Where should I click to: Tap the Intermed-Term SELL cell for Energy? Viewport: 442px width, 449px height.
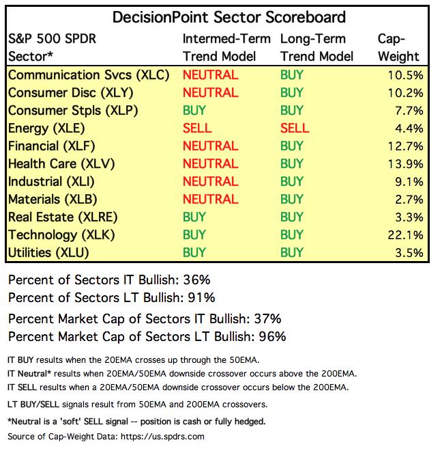coord(197,128)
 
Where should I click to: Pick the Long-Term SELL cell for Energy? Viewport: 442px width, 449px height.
coord(295,128)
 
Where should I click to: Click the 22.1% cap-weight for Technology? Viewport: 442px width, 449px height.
coord(406,234)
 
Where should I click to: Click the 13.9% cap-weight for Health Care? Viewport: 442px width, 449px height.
coord(406,163)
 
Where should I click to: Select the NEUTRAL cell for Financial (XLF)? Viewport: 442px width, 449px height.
coord(210,146)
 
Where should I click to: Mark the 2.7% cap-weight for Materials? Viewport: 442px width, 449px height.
coord(409,199)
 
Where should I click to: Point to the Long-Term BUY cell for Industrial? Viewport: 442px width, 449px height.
coord(292,181)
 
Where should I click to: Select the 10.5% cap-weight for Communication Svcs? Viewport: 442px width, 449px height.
coord(406,74)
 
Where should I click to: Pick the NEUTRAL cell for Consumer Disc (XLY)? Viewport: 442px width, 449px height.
coord(210,92)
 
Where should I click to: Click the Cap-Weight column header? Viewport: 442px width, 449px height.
coord(398,47)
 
